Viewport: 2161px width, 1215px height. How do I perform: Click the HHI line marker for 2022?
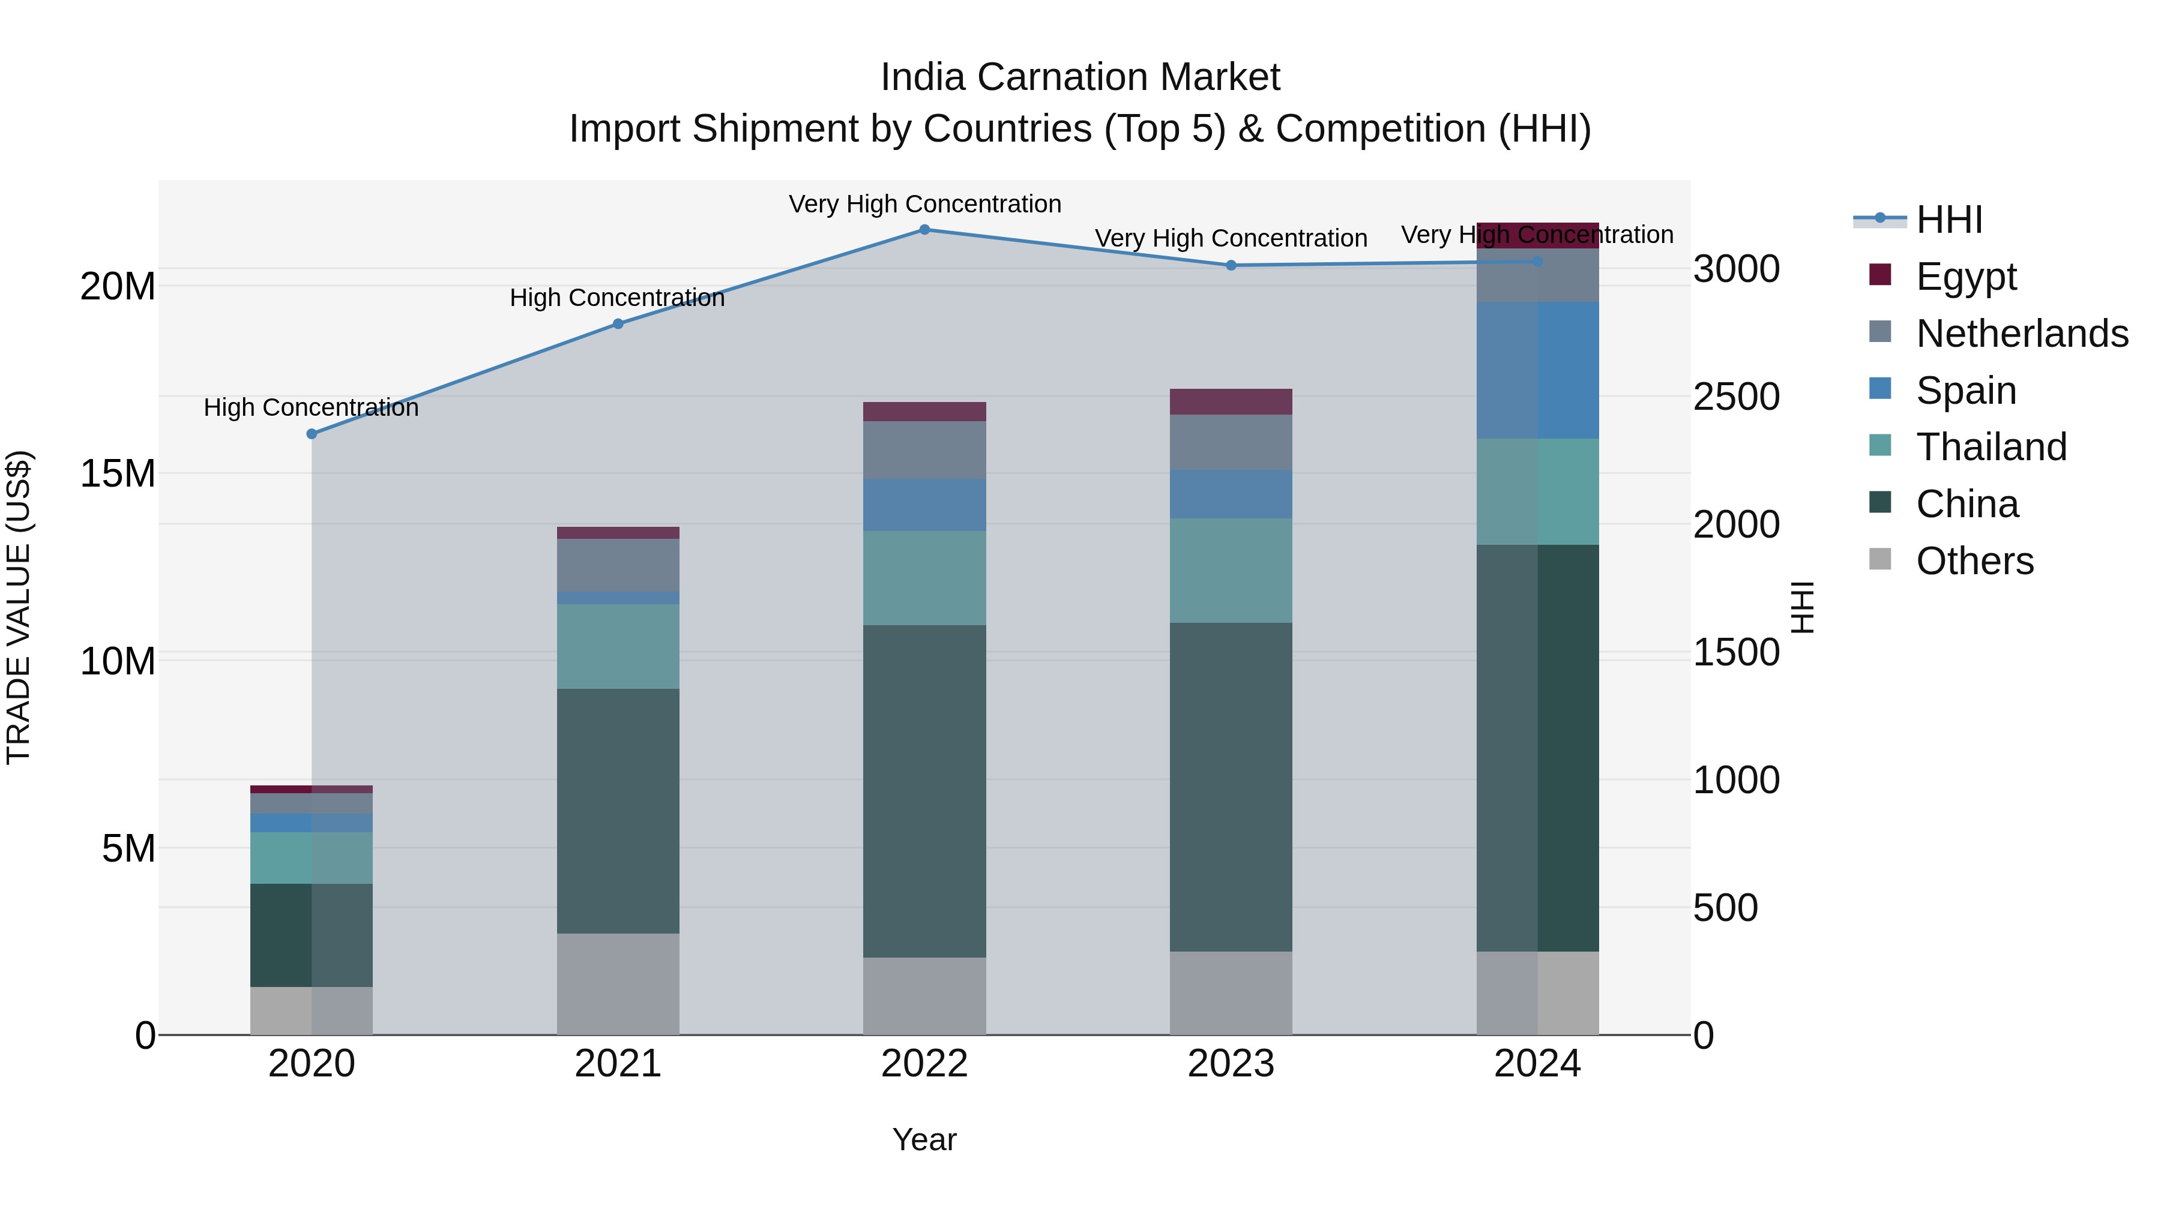pos(924,229)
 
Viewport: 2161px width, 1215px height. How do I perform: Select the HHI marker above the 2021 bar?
pos(618,323)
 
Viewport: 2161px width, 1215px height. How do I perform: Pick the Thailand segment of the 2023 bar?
pos(1231,570)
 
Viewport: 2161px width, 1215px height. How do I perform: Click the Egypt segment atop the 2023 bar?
pos(1231,401)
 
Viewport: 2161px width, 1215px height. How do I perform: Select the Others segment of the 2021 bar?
pos(618,983)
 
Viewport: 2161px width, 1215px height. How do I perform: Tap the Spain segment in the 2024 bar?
pos(1538,370)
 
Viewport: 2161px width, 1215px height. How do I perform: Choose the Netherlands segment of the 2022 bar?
pos(924,449)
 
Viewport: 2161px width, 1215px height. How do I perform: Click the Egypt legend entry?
pos(1965,276)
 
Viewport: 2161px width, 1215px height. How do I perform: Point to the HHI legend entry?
pos(1949,219)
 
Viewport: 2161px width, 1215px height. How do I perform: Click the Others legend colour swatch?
pos(1880,559)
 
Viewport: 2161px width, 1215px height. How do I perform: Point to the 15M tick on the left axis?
pos(118,474)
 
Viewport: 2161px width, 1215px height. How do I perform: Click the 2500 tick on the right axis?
pos(1735,397)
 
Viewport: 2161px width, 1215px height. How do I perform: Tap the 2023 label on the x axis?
pos(1231,1063)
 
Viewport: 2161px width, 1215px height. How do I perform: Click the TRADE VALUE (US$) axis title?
pos(19,607)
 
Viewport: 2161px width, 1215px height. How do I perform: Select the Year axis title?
pos(924,1139)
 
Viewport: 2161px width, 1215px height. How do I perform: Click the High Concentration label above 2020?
pos(311,407)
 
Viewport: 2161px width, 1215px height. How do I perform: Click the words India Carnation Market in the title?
pos(1080,77)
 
